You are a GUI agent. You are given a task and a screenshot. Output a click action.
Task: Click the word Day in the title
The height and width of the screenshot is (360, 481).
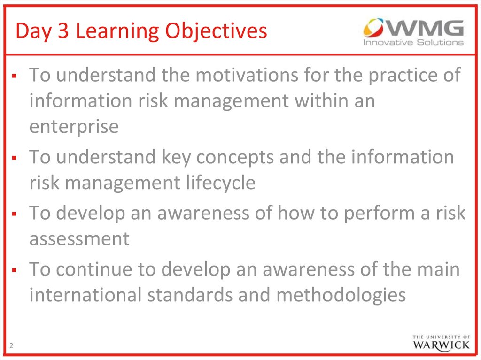point(34,31)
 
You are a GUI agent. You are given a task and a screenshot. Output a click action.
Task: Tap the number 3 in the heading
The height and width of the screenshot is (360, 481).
point(63,31)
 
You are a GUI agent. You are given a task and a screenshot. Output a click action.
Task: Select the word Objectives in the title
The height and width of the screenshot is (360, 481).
point(216,31)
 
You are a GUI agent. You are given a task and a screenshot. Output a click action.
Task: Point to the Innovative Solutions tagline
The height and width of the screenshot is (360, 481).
point(413,42)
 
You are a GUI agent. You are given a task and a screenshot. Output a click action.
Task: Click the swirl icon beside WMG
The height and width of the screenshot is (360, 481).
point(373,27)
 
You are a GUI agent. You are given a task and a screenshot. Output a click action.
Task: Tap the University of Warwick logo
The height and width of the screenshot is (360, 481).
point(441,343)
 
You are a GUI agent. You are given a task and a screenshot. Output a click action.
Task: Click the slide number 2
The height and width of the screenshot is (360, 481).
point(11,345)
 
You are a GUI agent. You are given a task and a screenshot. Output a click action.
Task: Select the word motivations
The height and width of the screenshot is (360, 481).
point(247,75)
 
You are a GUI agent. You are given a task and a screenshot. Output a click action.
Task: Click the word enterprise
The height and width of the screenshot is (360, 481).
point(74,127)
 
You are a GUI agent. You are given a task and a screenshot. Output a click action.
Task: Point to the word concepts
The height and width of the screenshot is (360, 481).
point(235,158)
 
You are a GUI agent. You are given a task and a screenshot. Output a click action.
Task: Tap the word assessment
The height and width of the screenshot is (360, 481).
point(79,239)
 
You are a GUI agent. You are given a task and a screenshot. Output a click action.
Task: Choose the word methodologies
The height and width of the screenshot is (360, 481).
point(341,296)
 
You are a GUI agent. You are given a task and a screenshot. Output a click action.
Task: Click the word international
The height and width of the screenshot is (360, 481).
point(85,295)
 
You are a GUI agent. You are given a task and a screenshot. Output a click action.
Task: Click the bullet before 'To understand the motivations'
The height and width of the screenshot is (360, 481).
point(14,76)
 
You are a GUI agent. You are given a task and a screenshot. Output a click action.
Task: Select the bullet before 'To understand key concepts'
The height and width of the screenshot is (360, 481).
point(14,158)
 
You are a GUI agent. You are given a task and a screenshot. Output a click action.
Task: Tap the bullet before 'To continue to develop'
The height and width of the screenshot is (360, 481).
point(14,270)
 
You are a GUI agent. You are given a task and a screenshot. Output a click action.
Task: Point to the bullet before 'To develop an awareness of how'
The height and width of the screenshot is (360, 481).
point(14,214)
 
